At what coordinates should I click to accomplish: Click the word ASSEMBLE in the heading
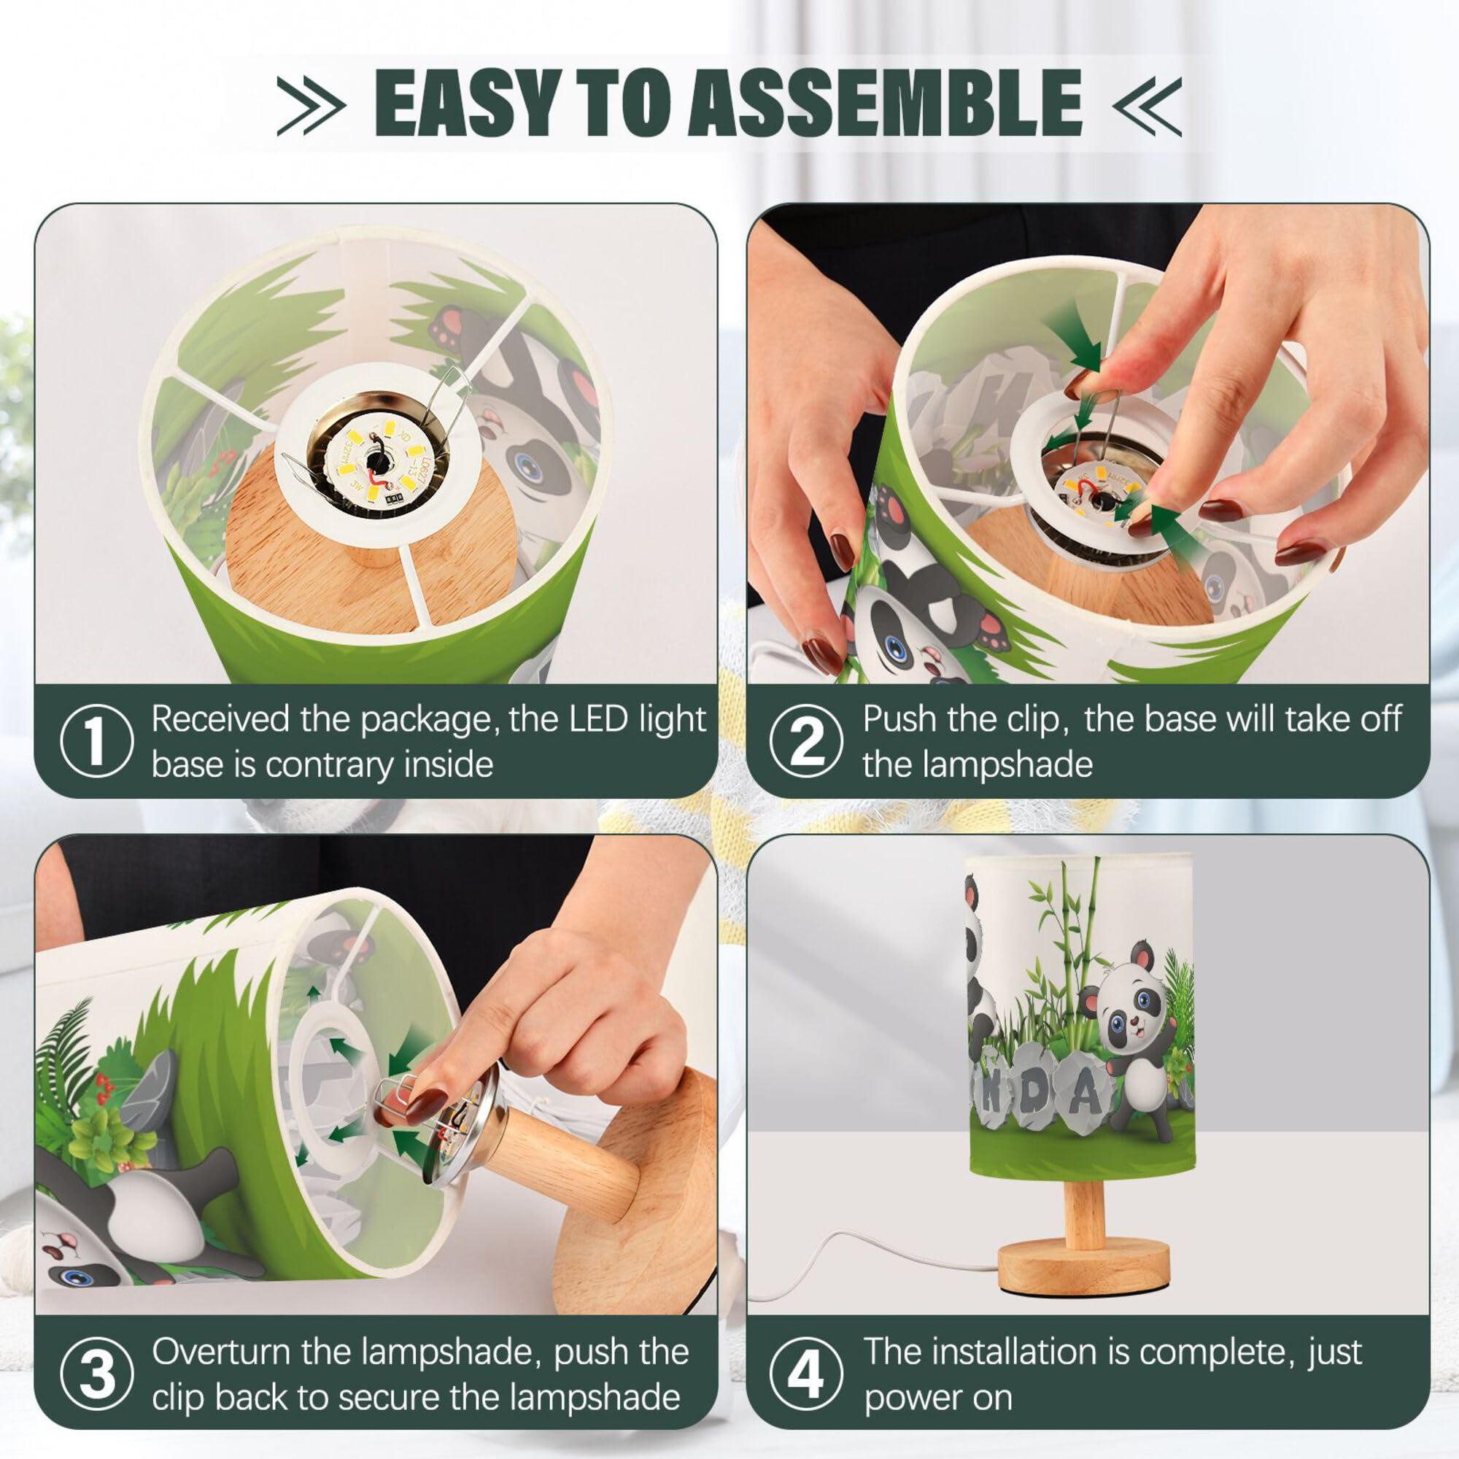[x=885, y=102]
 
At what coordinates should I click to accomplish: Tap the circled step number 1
[x=96, y=741]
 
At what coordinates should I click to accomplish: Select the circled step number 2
[x=806, y=741]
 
